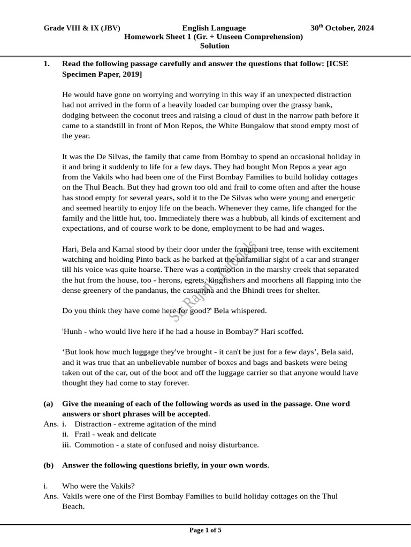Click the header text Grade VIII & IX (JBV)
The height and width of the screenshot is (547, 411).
pos(82,28)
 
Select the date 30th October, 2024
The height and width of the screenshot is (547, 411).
pos(342,28)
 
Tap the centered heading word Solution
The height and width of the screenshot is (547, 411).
pos(215,46)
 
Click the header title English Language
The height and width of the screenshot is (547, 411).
pos(214,28)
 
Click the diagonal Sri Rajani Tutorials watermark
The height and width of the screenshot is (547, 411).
pos(213,281)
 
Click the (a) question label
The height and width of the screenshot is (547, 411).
pos(49,404)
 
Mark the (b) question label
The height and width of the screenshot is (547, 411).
pos(49,465)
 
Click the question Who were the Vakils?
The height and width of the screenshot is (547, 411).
pos(98,486)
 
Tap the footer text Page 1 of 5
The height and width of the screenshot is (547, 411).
pos(205,530)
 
